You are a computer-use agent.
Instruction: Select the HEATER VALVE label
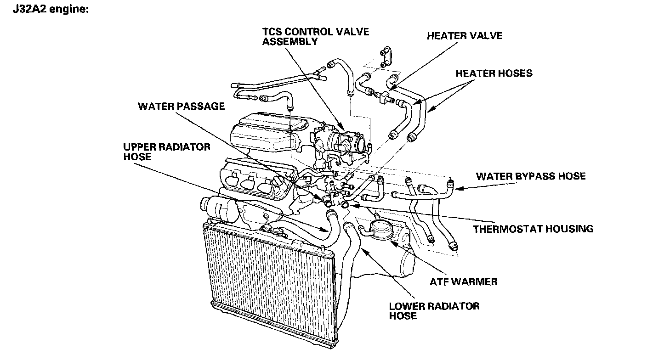[x=465, y=36]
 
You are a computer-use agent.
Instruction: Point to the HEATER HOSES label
[x=494, y=73]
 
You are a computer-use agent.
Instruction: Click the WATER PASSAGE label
[x=181, y=107]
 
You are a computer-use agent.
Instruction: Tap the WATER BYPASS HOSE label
[x=531, y=176]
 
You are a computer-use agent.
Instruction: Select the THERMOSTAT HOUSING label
[x=533, y=228]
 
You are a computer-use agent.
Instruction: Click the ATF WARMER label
[x=464, y=281]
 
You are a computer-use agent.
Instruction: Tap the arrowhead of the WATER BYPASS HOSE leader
[x=456, y=186]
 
